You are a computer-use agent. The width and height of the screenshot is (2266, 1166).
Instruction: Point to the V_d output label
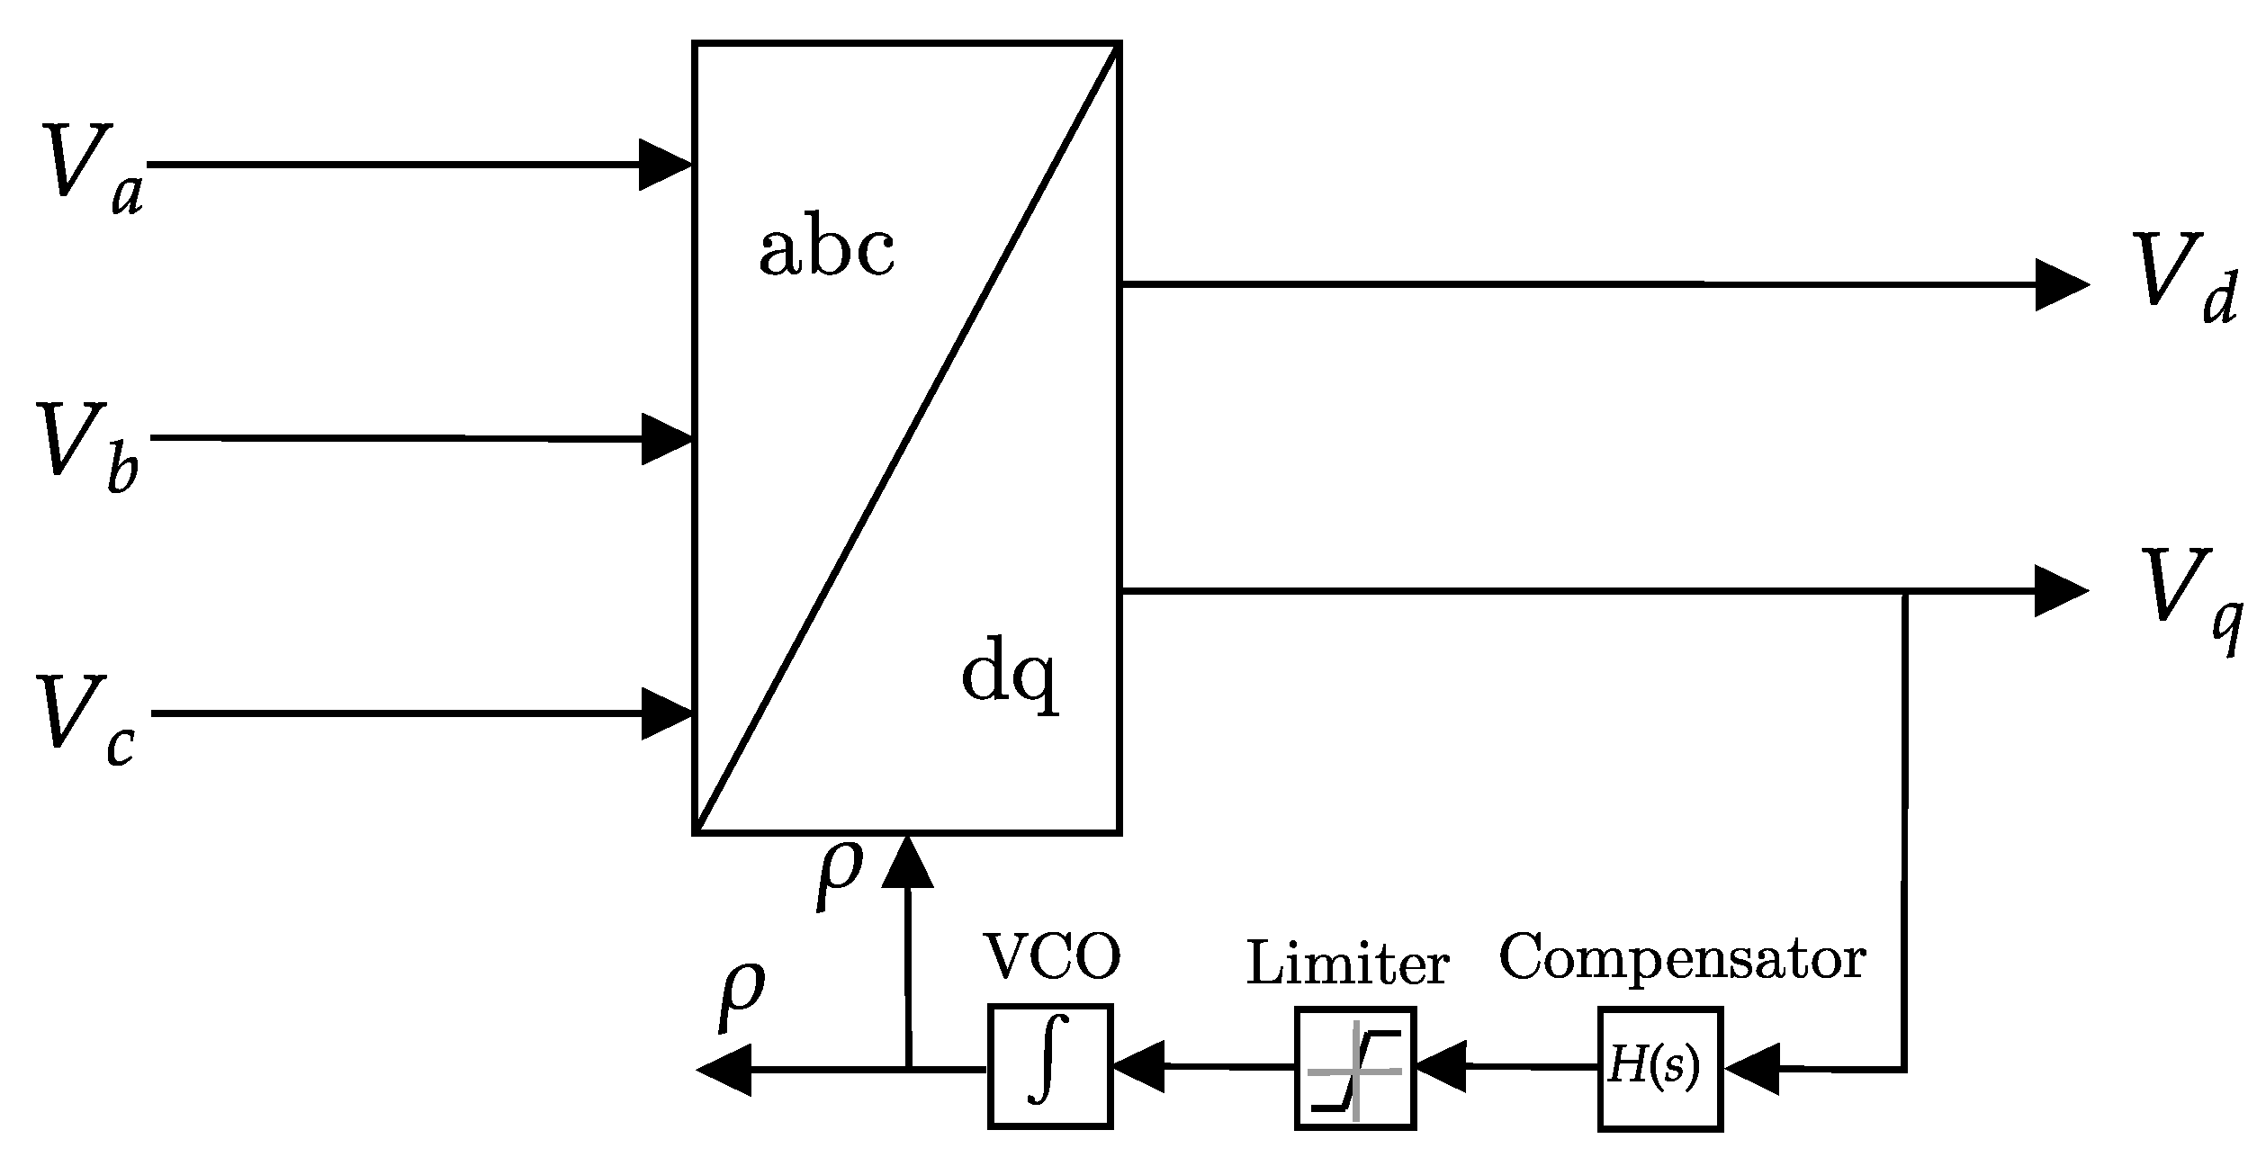[x=2181, y=279]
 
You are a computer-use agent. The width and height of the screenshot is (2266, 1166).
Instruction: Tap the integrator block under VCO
[x=1050, y=1065]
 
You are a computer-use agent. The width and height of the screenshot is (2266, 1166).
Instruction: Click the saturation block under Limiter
[x=1355, y=1067]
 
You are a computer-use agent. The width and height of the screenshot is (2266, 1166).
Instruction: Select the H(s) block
[x=1659, y=1068]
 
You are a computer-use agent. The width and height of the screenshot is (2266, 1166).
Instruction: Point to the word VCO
[x=1052, y=957]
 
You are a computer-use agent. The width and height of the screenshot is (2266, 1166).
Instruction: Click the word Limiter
[x=1347, y=964]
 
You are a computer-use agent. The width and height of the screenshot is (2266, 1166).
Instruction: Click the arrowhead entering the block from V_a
[x=664, y=165]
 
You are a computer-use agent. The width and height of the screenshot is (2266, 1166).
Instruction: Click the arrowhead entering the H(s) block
[x=1751, y=1069]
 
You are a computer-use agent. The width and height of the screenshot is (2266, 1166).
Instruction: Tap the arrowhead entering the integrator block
[x=1137, y=1067]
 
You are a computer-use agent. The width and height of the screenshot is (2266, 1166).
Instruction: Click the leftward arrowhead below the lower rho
[x=725, y=1070]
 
